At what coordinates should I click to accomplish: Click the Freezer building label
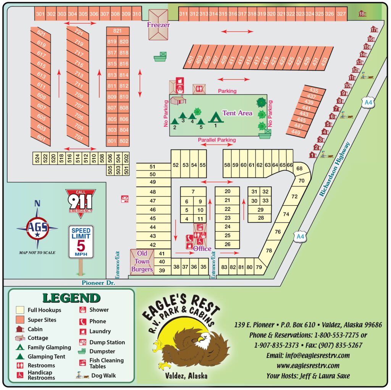(158, 25)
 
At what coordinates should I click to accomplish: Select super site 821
(117, 31)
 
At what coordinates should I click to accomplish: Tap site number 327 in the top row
(341, 14)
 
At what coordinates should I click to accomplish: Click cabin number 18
(362, 14)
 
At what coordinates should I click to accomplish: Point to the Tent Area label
(238, 113)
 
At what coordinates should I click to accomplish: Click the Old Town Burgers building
(142, 262)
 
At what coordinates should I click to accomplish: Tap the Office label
(202, 249)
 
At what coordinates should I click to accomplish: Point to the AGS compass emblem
(37, 228)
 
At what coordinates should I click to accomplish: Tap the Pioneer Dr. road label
(99, 283)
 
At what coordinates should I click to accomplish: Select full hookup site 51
(153, 167)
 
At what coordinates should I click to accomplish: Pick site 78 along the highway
(269, 251)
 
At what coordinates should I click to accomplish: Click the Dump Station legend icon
(82, 342)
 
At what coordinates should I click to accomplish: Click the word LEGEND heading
(71, 298)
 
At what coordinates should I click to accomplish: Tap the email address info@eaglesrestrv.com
(308, 356)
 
